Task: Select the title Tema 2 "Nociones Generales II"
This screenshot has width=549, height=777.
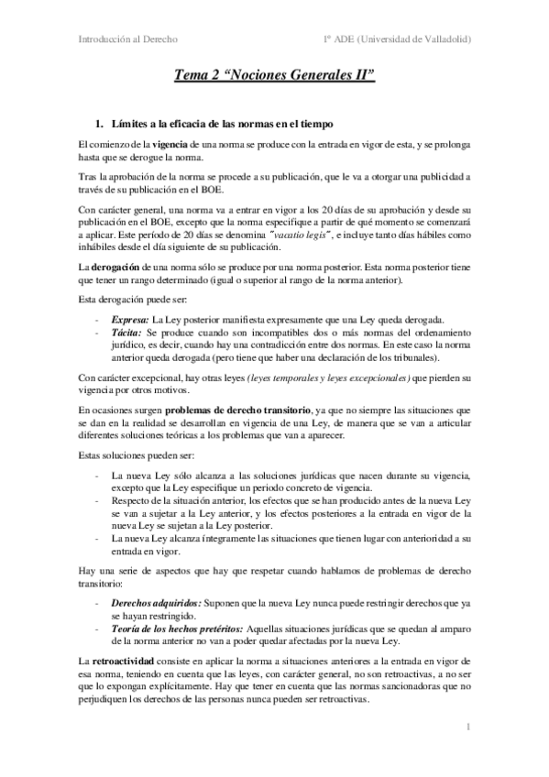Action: pyautogui.click(x=275, y=80)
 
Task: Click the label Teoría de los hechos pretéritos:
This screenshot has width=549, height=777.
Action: pyautogui.click(x=170, y=632)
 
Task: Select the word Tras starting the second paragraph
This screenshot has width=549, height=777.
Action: pyautogui.click(x=88, y=178)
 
